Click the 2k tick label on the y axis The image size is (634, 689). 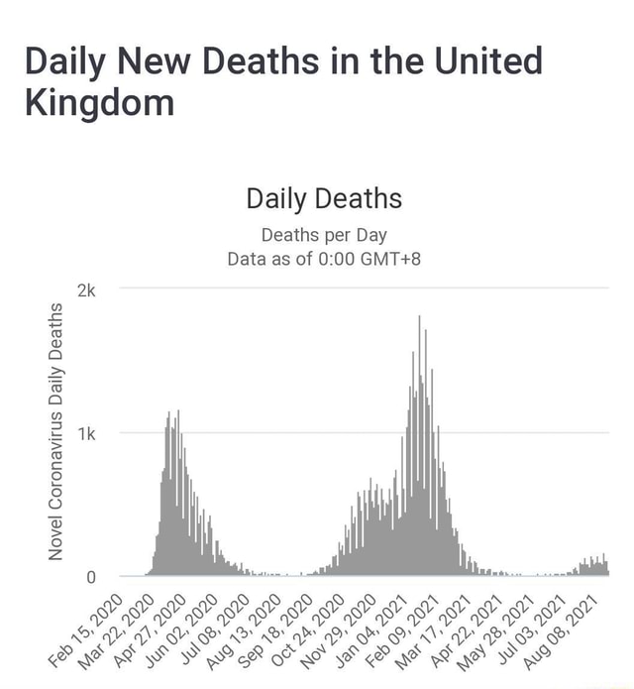[87, 290]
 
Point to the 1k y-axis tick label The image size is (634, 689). [87, 433]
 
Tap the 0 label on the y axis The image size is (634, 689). [91, 576]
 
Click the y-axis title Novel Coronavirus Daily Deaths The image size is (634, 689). [56, 432]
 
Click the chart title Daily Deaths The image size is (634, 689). [324, 199]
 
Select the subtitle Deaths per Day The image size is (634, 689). [324, 236]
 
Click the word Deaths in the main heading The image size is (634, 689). [260, 61]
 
